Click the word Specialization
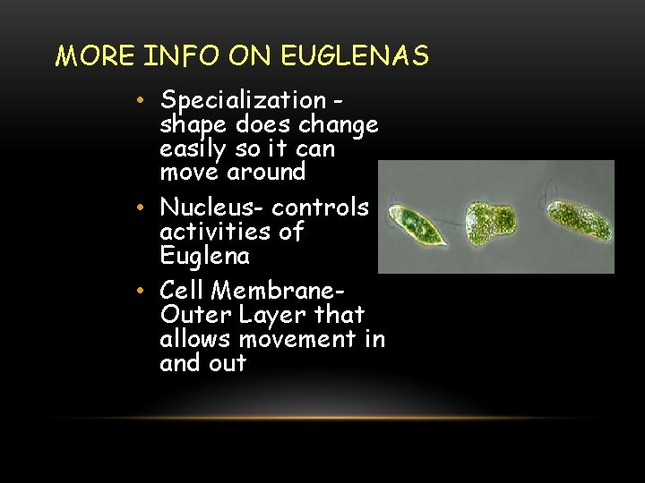(x=244, y=101)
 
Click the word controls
(x=321, y=208)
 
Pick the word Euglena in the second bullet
(x=204, y=257)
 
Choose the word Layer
(x=260, y=315)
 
